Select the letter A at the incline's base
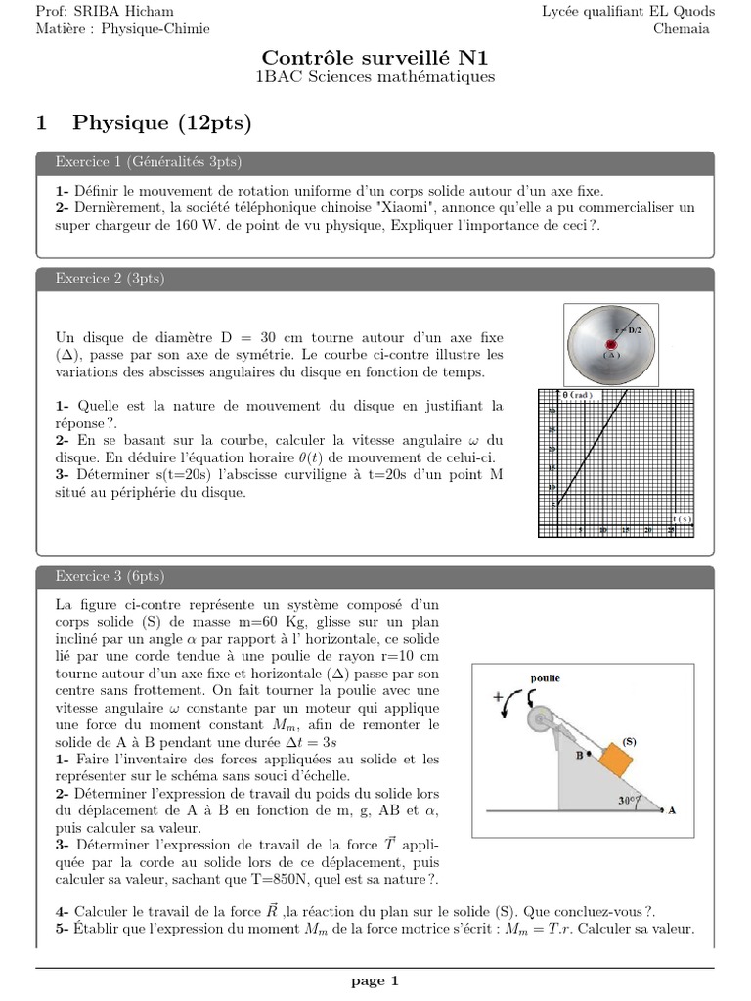[x=672, y=810]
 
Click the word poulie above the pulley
[x=545, y=677]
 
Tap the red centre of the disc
[x=612, y=345]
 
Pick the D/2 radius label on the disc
[x=636, y=330]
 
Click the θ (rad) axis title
[x=579, y=394]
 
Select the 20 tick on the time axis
[x=648, y=530]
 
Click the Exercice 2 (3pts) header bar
[x=375, y=279]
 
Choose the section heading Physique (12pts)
[x=161, y=122]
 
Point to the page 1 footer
[x=375, y=981]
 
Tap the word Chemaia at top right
[x=684, y=28]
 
